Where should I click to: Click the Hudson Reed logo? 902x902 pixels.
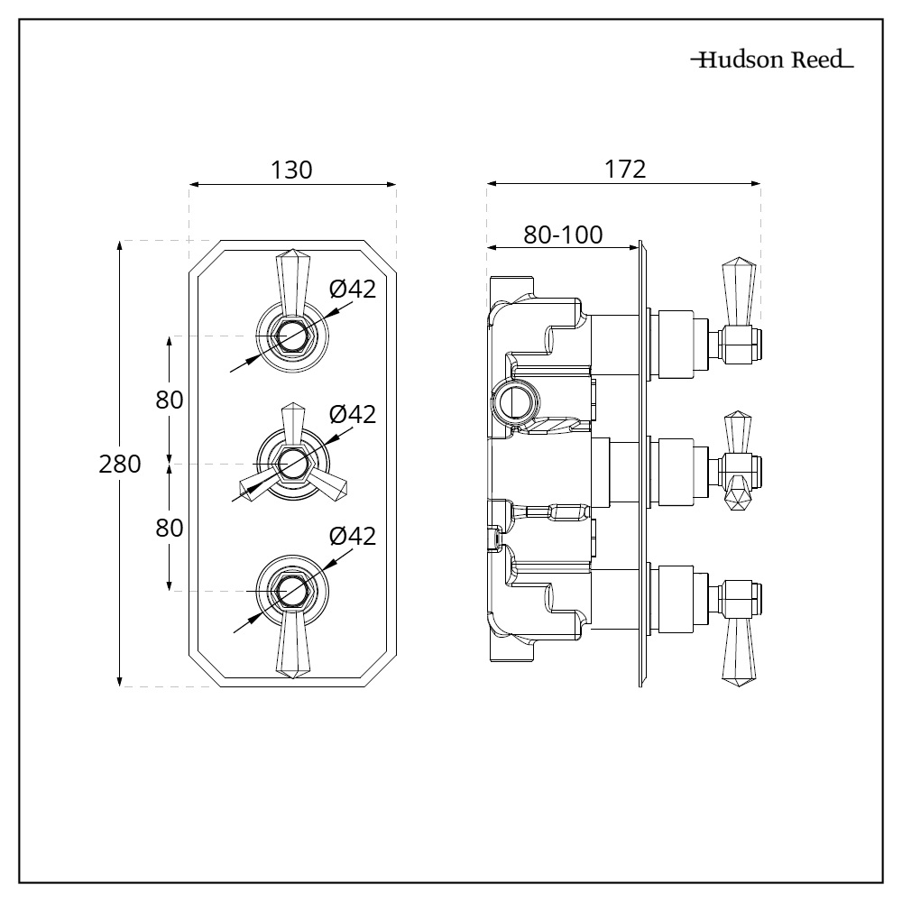771,61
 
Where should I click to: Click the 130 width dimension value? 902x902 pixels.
291,170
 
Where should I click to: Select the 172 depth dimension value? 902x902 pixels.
626,169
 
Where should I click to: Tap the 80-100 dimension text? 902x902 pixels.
564,235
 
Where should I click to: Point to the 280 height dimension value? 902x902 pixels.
121,465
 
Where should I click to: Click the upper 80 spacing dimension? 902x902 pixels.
170,400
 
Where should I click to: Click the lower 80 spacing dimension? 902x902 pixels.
170,528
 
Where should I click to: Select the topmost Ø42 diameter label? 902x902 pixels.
352,289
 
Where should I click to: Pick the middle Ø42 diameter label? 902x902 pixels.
352,414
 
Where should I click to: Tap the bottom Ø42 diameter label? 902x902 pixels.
352,535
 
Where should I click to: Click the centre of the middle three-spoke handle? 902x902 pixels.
291,464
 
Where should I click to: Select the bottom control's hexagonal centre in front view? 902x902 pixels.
291,591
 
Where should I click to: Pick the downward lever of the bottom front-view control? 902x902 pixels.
291,645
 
